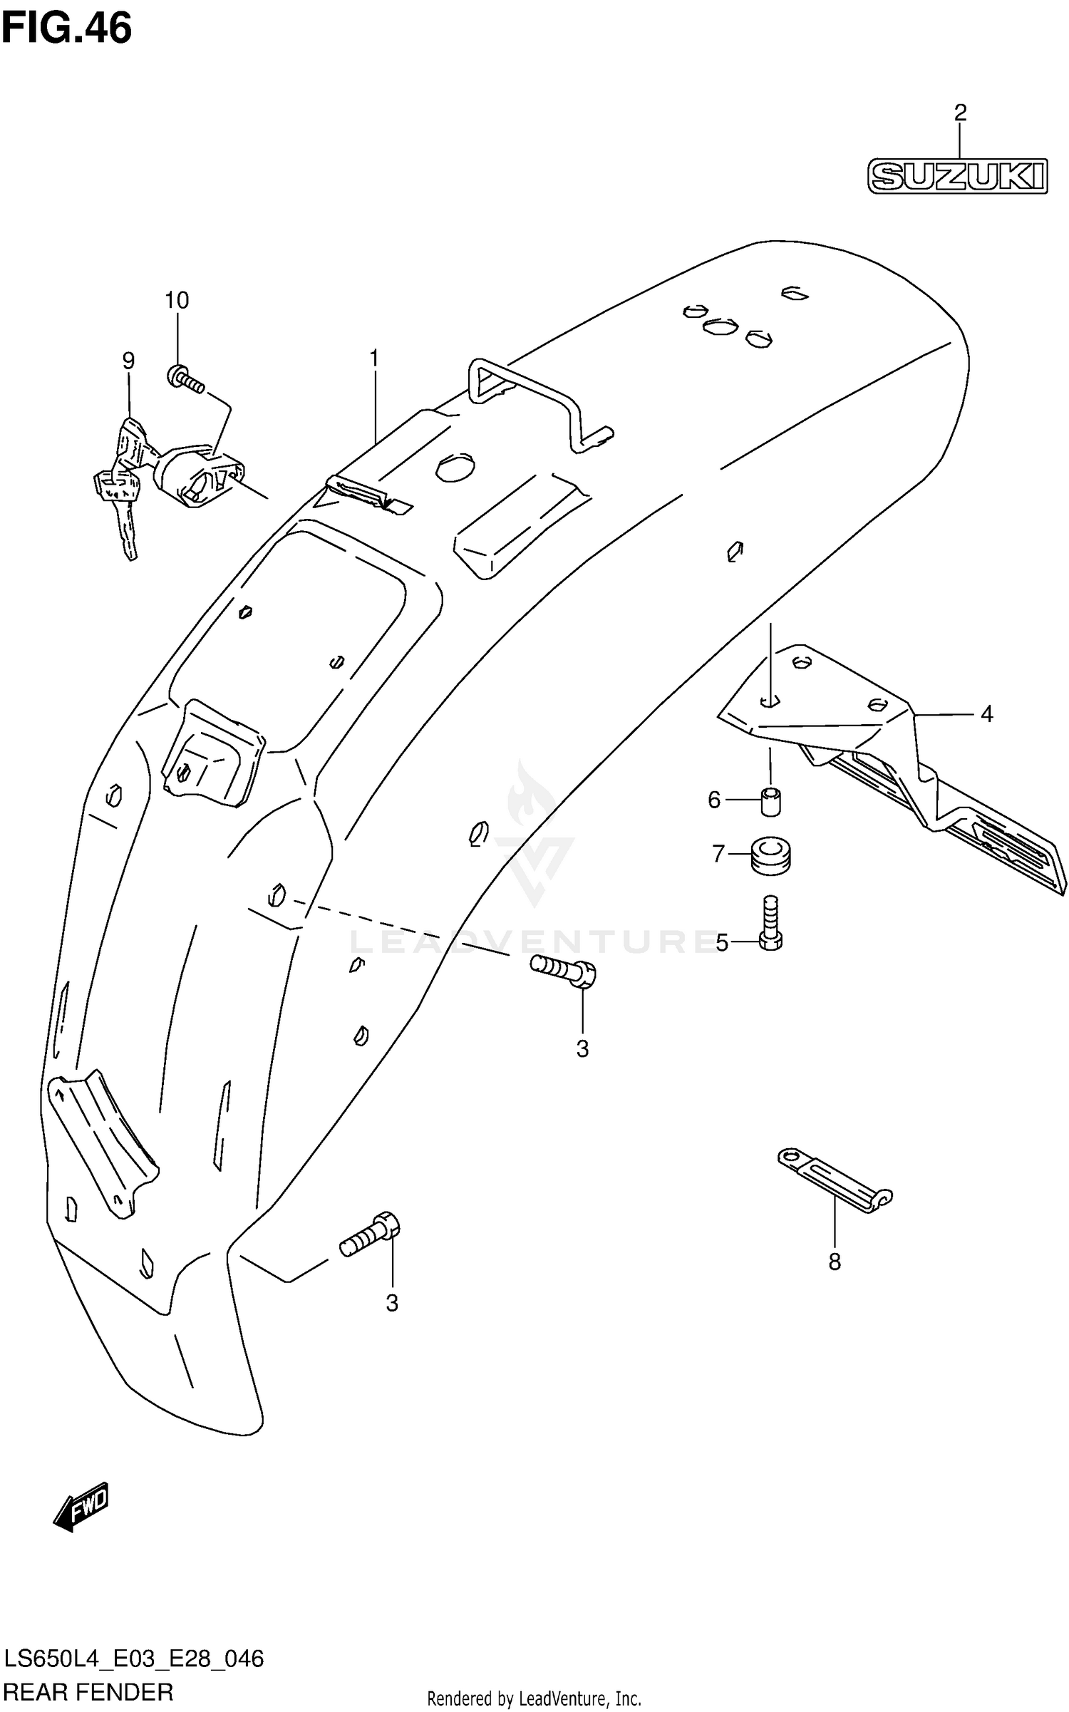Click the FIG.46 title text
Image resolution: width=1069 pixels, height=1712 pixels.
pos(66,29)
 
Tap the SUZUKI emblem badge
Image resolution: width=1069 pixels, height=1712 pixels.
pos(957,176)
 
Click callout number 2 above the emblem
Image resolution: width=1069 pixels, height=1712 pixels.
pos(960,113)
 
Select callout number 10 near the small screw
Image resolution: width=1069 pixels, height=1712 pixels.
pos(177,300)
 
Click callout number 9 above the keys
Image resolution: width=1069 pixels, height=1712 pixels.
pos(128,361)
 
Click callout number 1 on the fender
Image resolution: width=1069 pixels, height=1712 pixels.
pos(373,359)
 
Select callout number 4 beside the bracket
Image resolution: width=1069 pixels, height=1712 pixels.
pos(986,713)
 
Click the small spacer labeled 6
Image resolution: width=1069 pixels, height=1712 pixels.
pos(770,801)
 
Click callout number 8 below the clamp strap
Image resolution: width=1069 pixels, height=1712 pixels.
pos(835,1262)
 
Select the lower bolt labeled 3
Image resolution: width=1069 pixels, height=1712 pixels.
pos(371,1237)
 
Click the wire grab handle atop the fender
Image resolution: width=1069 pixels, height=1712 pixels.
pos(534,399)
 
